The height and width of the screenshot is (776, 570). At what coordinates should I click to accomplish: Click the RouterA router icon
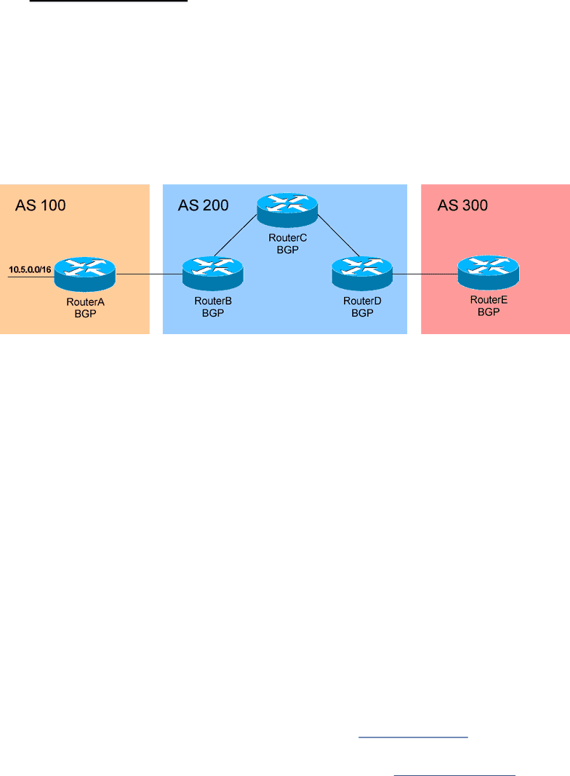click(84, 274)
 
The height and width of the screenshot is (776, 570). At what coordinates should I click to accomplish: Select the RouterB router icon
click(212, 273)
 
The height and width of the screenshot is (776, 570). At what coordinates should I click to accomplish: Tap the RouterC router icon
click(287, 210)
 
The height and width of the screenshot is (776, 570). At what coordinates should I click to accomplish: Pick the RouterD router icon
click(362, 273)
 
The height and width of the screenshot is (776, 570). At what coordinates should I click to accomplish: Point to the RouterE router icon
click(489, 272)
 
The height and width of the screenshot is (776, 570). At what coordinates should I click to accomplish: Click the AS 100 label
click(41, 205)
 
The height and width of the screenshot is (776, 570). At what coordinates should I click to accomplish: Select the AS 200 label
click(203, 205)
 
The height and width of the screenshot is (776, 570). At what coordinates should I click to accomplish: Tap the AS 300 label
click(462, 205)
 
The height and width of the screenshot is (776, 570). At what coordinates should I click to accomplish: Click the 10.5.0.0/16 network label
click(30, 270)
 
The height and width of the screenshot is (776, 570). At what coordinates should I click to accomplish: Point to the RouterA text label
click(86, 302)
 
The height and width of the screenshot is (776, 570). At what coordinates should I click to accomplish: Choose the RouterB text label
click(213, 301)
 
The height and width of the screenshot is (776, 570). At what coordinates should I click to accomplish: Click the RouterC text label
click(288, 238)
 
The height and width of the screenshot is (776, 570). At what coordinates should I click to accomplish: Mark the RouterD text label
click(362, 301)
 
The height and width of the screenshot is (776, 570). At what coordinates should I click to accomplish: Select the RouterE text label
click(489, 300)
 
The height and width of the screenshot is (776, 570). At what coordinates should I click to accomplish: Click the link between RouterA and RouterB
click(149, 274)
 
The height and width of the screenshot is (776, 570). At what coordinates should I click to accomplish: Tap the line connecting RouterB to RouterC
click(236, 235)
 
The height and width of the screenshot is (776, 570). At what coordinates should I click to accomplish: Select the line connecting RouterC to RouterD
click(338, 236)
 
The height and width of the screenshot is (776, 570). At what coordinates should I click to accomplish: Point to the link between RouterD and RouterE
click(425, 274)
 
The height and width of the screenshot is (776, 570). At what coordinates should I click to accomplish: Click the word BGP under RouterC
click(288, 250)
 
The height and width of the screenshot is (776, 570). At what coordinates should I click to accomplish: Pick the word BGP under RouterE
click(489, 312)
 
